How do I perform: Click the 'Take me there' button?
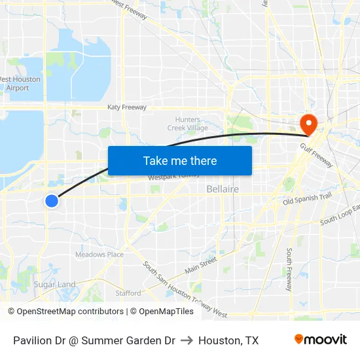(180, 160)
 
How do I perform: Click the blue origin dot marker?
(52, 201)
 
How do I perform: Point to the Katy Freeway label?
(127, 107)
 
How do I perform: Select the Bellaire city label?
(223, 189)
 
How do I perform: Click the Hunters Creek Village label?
(192, 124)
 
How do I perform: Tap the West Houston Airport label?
(19, 84)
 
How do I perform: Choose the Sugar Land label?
(55, 285)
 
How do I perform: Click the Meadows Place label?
(99, 255)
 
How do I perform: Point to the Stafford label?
(128, 293)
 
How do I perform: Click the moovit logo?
(320, 340)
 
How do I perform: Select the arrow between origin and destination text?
(187, 340)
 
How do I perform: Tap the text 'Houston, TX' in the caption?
(228, 340)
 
